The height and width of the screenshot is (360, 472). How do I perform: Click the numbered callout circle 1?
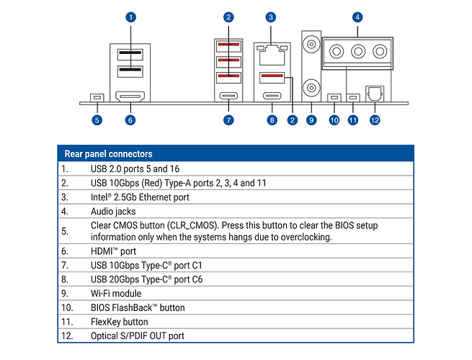pyautogui.click(x=130, y=17)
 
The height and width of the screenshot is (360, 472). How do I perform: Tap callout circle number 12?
pyautogui.click(x=375, y=120)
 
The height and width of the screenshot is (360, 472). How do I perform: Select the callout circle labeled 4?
pyautogui.click(x=357, y=17)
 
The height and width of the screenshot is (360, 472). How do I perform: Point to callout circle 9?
pyautogui.click(x=311, y=120)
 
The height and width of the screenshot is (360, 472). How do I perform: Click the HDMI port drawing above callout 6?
pyautogui.click(x=130, y=96)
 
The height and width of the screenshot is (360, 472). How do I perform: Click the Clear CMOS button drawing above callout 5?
pyautogui.click(x=97, y=97)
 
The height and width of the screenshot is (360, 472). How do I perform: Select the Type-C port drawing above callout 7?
pyautogui.click(x=228, y=96)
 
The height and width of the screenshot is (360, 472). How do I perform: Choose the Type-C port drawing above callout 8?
pyautogui.click(x=272, y=96)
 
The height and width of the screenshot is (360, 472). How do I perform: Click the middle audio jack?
pyautogui.click(x=357, y=52)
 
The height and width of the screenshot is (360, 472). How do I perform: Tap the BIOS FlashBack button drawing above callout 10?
pyautogui.click(x=334, y=97)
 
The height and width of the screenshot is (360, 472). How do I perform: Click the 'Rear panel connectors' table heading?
pyautogui.click(x=108, y=153)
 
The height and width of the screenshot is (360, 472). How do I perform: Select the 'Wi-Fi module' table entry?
pyautogui.click(x=116, y=294)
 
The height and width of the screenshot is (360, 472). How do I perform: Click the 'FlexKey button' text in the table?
pyautogui.click(x=119, y=322)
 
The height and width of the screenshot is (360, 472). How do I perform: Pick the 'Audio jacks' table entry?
pyautogui.click(x=113, y=212)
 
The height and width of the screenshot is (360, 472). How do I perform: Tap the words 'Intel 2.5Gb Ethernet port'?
pyautogui.click(x=140, y=197)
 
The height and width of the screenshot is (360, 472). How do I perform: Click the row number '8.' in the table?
pyautogui.click(x=65, y=279)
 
